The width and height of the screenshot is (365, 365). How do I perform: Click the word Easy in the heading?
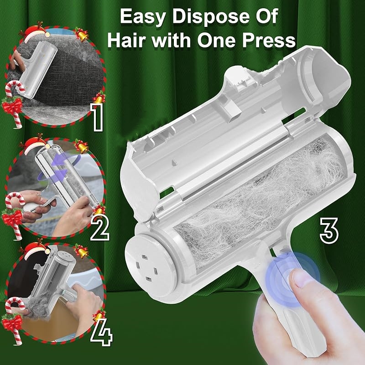pyautogui.click(x=143, y=17)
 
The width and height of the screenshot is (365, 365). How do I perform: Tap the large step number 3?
pyautogui.click(x=329, y=230)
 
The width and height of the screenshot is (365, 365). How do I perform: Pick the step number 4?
pyautogui.click(x=101, y=332)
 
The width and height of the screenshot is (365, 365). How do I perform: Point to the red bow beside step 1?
pyautogui.click(x=12, y=106)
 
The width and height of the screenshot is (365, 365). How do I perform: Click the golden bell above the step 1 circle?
pyautogui.click(x=82, y=35)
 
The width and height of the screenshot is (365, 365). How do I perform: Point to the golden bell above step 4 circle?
pyautogui.click(x=82, y=251)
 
